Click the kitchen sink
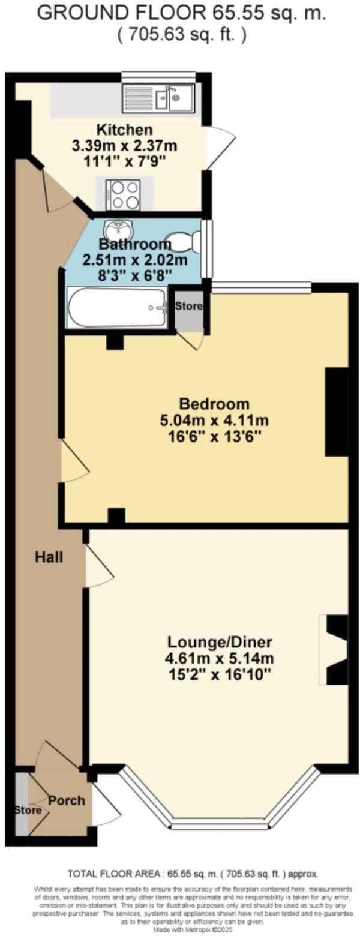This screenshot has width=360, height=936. click(x=158, y=98)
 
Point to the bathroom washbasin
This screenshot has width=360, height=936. click(x=116, y=229)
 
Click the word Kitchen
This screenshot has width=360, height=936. click(x=125, y=130)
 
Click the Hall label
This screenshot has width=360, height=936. click(x=49, y=557)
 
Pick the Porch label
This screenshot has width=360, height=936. click(x=67, y=800)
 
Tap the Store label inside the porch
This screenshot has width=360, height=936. click(x=28, y=811)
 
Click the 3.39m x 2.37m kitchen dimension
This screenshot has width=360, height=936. click(x=125, y=145)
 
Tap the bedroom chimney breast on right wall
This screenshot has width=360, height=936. click(x=337, y=412)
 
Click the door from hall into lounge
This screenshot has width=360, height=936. click(x=99, y=566)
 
